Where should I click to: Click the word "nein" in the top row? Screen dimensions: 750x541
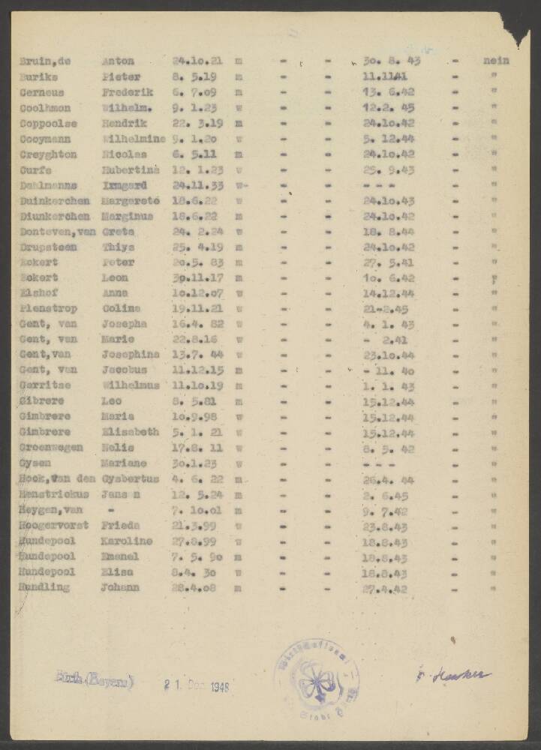pyautogui.click(x=497, y=61)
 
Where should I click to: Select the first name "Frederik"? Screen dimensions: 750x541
pyautogui.click(x=128, y=92)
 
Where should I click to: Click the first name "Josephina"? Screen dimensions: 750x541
pyautogui.click(x=131, y=355)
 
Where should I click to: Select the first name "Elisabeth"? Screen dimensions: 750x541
pyautogui.click(x=131, y=432)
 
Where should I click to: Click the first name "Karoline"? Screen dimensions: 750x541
pyautogui.click(x=128, y=541)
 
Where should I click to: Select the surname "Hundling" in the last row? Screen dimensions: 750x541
pyautogui.click(x=44, y=587)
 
